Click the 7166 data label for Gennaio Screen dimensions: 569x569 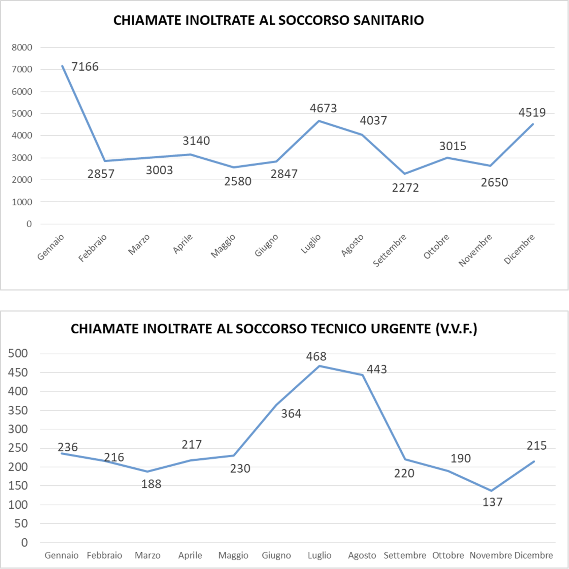[x=85, y=67]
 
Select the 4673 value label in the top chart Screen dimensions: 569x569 [x=323, y=108]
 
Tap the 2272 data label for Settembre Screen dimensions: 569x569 [x=405, y=188]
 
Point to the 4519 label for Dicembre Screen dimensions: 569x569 [x=532, y=112]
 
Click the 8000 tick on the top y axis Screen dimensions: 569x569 [x=22, y=48]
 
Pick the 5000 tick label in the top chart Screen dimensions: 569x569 [x=22, y=114]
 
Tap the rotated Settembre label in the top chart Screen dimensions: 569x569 [x=390, y=250]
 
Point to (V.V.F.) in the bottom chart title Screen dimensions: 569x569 [x=456, y=329]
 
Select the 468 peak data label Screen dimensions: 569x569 [x=316, y=356]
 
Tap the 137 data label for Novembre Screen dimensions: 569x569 [x=493, y=502]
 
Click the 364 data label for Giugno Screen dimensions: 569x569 [x=291, y=414]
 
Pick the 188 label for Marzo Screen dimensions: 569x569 [x=151, y=484]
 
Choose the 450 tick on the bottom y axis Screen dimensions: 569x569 [x=18, y=372]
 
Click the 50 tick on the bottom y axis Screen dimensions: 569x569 [x=21, y=523]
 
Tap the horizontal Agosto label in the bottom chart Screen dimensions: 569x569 [x=362, y=555]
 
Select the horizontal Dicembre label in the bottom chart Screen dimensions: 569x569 [x=534, y=555]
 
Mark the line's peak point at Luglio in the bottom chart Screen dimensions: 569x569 [x=319, y=366]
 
